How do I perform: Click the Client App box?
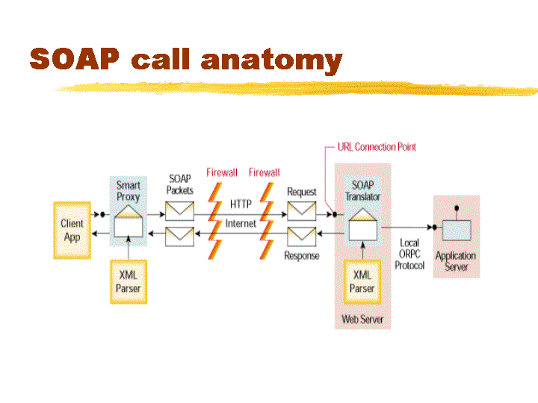[x=72, y=231]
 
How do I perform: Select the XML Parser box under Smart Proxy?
[x=129, y=281]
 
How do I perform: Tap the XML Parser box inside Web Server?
[x=362, y=281]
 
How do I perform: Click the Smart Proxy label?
[x=129, y=191]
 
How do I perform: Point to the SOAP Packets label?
[x=180, y=184]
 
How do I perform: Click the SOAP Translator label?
[x=362, y=191]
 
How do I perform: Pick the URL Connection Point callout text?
[x=377, y=147]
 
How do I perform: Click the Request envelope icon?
[x=302, y=211]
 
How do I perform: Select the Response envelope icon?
[x=302, y=237]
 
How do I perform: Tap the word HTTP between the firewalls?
[x=241, y=204]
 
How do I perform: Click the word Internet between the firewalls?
[x=241, y=224]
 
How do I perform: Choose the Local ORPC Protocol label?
[x=409, y=254]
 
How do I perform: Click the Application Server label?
[x=456, y=261]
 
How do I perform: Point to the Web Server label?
[x=362, y=319]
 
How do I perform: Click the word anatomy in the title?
[x=272, y=60]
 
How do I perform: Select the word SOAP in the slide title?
[x=75, y=59]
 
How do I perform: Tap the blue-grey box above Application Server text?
[x=457, y=231]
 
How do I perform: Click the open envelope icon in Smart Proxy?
[x=129, y=221]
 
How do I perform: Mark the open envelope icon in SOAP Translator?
[x=362, y=225]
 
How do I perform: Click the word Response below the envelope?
[x=302, y=256]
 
